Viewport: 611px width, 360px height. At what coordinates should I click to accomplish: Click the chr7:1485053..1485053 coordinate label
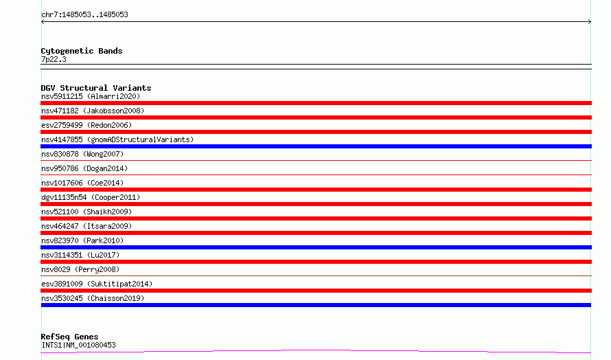[84, 15]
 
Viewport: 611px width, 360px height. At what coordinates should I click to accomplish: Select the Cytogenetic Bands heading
[82, 51]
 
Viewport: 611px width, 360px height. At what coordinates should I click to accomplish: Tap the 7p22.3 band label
[54, 60]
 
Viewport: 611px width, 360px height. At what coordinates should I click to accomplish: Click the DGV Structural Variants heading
[96, 88]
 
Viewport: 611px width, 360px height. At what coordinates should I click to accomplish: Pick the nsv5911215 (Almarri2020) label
[91, 96]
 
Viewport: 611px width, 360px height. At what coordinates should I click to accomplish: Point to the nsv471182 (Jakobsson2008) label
[93, 111]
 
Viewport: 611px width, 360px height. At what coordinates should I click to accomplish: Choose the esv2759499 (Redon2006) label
[87, 125]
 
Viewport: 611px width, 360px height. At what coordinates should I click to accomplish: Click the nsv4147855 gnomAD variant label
[117, 139]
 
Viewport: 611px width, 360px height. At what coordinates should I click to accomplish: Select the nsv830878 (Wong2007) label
[82, 154]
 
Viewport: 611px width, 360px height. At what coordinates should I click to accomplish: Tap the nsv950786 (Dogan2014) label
[84, 168]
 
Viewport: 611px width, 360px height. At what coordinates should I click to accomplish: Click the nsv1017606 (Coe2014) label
[82, 183]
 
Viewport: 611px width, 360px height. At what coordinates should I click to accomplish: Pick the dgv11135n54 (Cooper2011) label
[91, 197]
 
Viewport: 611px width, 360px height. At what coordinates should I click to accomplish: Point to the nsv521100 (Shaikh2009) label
[87, 212]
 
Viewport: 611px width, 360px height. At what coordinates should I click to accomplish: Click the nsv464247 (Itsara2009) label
[87, 226]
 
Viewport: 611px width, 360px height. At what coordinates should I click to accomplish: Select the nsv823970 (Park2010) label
[82, 240]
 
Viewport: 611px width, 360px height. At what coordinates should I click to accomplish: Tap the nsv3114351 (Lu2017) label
[80, 255]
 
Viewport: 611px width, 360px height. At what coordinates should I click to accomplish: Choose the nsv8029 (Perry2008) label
[80, 269]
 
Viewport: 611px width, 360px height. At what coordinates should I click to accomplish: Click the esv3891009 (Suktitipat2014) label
[97, 284]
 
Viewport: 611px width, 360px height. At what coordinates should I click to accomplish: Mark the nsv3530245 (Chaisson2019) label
[93, 298]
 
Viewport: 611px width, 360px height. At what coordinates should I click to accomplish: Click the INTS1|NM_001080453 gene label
[78, 345]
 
